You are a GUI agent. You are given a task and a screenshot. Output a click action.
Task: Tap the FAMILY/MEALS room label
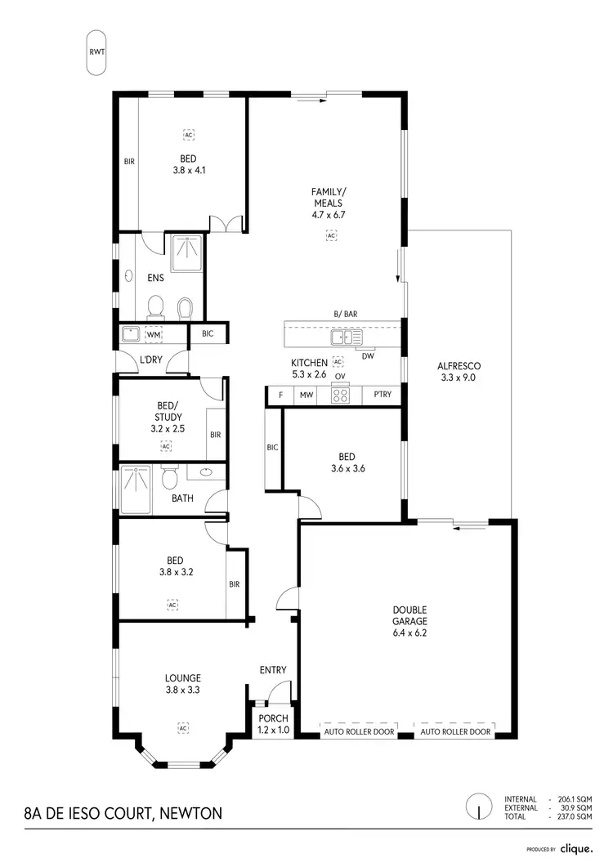[x=327, y=197]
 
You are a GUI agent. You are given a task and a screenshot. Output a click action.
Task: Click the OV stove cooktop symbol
[x=340, y=395]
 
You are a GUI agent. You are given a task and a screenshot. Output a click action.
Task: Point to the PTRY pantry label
[x=382, y=396]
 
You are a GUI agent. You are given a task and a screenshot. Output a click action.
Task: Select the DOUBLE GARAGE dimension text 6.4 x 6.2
[x=409, y=632]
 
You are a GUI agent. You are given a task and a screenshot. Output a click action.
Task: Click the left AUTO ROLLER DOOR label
[x=360, y=732]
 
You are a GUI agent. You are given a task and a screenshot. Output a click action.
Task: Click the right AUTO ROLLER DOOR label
[x=456, y=732]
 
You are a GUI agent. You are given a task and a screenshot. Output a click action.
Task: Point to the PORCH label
[x=273, y=718]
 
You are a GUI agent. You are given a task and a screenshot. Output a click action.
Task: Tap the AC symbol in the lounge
[x=183, y=727]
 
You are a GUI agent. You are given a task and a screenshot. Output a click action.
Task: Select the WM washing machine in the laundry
[x=153, y=334]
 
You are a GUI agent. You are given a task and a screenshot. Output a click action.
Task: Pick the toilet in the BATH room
[x=170, y=476]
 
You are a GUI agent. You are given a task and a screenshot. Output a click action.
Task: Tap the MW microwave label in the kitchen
[x=306, y=396]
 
